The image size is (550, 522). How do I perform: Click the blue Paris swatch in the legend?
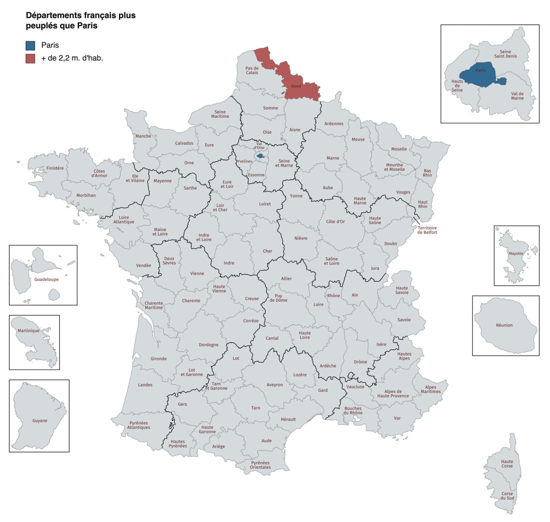coord(30,45)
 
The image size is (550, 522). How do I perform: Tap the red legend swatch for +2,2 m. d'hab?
coord(30,58)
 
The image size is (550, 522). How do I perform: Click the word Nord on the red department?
coord(296,86)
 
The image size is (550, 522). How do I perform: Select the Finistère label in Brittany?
coord(55,168)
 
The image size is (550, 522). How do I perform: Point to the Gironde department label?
coord(158,358)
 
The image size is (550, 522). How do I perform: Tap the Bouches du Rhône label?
coord(353,410)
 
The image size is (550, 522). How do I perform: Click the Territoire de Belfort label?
coord(427,230)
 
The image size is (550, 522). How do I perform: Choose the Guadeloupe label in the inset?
coord(46,279)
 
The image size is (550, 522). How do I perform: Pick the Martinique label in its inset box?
coord(29,331)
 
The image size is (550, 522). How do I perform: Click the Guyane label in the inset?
coord(40,421)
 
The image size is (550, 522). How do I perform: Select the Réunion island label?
coord(504,325)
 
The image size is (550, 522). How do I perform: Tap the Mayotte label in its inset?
coord(516,254)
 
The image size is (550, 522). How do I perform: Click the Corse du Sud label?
coord(507,496)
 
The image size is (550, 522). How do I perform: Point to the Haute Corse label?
coord(507,464)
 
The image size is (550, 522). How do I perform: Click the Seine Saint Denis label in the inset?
coord(505,54)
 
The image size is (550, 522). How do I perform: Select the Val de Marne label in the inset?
coord(517,96)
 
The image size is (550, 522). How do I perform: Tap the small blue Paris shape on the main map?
coord(260,156)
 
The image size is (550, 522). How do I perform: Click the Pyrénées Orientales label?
coord(260,465)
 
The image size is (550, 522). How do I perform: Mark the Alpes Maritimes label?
coord(430,389)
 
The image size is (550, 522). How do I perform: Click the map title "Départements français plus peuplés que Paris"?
coord(81,20)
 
